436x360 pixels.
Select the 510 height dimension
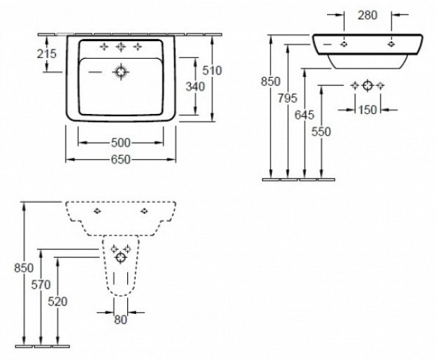tap(212, 70)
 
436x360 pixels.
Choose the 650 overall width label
tap(120, 160)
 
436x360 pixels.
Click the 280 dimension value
tap(368, 15)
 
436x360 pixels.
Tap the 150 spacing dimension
tap(368, 110)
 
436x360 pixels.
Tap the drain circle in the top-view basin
tap(122, 71)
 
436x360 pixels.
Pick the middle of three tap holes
tap(121, 47)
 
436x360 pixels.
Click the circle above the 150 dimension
tap(368, 85)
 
